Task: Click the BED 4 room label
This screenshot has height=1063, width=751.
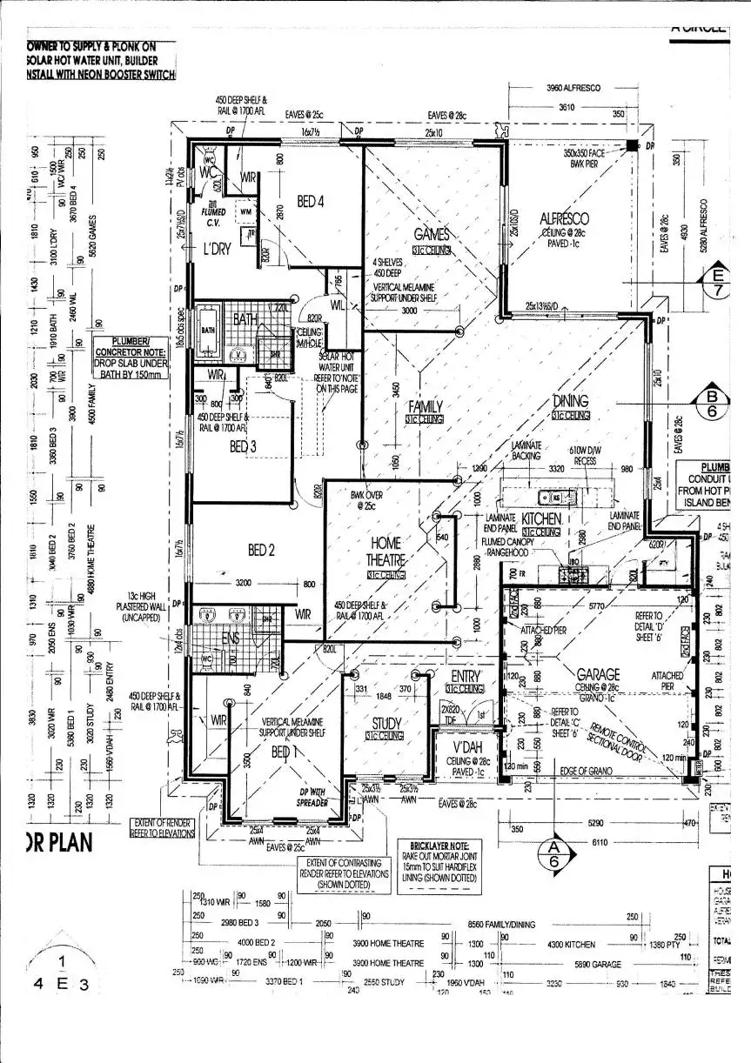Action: (311, 202)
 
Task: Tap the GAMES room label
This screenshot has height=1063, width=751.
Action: (432, 234)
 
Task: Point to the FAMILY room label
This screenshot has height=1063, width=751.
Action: (426, 406)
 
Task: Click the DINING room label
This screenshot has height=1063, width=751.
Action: (570, 401)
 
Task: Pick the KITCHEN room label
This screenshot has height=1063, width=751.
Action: (541, 518)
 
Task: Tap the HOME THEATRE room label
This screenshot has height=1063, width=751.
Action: (384, 552)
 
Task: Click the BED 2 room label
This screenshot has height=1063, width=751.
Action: (261, 550)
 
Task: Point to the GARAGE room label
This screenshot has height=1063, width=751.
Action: (599, 674)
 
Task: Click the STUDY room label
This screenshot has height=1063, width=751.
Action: (386, 723)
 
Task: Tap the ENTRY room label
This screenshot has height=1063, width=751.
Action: (466, 676)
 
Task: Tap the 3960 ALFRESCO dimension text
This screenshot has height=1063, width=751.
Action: (573, 88)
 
